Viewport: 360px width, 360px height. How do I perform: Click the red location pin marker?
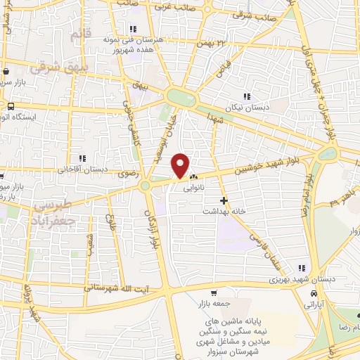pos(181,165)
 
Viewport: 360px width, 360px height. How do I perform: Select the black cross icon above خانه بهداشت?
pos(224,200)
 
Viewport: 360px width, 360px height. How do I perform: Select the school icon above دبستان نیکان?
pos(246,96)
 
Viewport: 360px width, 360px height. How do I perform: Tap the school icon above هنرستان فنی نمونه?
pos(131,29)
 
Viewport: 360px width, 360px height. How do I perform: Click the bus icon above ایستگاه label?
pos(10,105)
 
